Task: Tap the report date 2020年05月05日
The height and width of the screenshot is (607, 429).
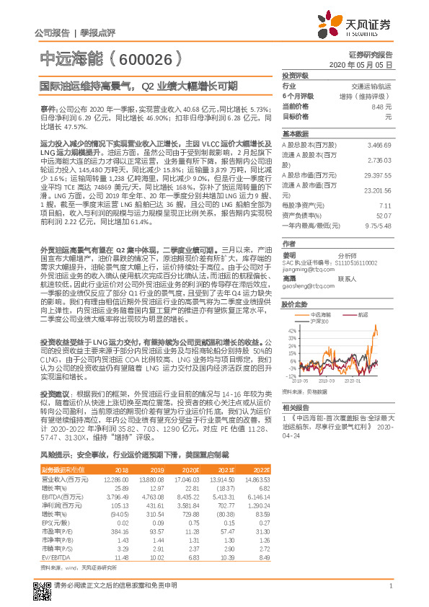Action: pyautogui.click(x=369, y=64)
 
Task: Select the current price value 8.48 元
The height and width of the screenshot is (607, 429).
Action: pyautogui.click(x=383, y=106)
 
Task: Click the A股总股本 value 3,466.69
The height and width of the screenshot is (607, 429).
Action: pyautogui.click(x=379, y=145)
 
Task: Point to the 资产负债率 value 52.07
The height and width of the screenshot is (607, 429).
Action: pyautogui.click(x=383, y=215)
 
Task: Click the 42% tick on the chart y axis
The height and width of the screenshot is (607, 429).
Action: pyautogui.click(x=292, y=310)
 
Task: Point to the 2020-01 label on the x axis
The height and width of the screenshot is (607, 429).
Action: pyautogui.click(x=353, y=380)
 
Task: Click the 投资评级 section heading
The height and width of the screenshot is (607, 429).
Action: pyautogui.click(x=295, y=75)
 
